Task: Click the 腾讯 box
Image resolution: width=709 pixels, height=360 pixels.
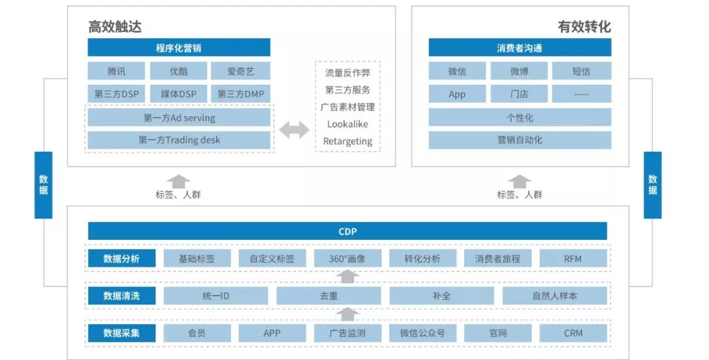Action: [116, 71]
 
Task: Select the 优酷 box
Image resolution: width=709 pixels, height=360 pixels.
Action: [179, 71]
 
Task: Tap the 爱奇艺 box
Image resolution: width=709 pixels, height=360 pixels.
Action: [240, 71]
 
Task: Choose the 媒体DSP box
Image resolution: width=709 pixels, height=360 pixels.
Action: [179, 94]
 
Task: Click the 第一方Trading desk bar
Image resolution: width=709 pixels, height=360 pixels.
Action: [179, 140]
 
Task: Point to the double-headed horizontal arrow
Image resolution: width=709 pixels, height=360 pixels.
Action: [293, 130]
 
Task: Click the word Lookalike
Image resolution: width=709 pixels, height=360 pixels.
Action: [347, 124]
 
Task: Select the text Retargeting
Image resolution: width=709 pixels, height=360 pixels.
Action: [347, 141]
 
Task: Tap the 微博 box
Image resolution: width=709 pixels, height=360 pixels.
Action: [519, 71]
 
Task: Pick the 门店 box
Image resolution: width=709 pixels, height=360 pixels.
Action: [519, 94]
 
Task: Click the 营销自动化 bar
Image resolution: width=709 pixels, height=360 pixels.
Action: [519, 140]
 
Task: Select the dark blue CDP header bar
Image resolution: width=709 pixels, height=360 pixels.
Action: [347, 231]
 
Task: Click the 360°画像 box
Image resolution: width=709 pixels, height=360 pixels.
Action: [347, 258]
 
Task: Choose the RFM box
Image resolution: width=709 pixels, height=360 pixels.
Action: [572, 258]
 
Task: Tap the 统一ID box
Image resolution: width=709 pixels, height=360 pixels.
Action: [215, 296]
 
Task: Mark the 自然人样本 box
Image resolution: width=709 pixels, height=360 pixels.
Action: [555, 296]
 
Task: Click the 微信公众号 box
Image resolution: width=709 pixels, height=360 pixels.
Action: [422, 333]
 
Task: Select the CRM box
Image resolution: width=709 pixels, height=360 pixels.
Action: [572, 333]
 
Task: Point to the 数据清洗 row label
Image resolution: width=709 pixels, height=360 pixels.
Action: [121, 296]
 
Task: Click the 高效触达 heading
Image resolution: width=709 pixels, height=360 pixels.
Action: [115, 27]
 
